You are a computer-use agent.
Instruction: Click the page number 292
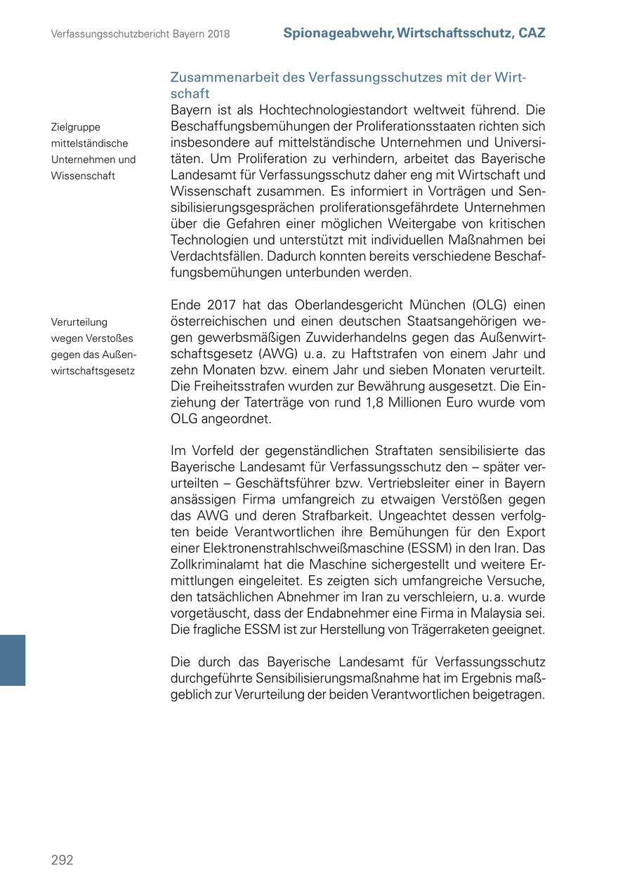[62, 860]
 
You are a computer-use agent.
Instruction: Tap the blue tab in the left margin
[13, 659]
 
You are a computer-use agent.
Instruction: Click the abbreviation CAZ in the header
[532, 33]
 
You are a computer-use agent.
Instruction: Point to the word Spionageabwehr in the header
[337, 33]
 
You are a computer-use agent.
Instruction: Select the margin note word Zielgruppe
[75, 127]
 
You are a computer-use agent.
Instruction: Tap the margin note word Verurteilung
[79, 322]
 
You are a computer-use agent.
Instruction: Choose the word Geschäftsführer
[287, 483]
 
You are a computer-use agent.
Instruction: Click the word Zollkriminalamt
[216, 565]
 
